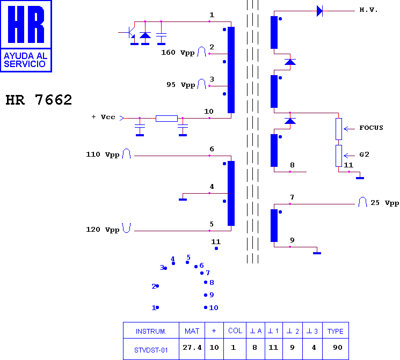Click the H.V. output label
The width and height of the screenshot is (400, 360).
click(368, 10)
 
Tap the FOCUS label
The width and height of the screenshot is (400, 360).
click(371, 128)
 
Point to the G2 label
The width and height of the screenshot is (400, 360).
click(364, 155)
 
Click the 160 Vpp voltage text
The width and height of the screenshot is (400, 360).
click(178, 53)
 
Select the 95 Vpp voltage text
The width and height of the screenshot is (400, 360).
click(181, 85)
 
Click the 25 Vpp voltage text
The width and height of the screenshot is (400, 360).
click(384, 203)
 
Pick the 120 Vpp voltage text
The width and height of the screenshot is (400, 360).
click(103, 230)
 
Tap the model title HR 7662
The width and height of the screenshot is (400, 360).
click(39, 100)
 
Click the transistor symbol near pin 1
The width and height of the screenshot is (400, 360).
click(129, 33)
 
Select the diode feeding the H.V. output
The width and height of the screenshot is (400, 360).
click(319, 11)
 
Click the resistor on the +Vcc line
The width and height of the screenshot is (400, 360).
click(166, 118)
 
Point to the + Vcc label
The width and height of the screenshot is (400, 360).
click(103, 117)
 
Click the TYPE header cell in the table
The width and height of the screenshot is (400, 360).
click(336, 331)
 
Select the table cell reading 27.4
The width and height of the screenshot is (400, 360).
click(192, 348)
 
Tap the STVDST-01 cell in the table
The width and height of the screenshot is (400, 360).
click(151, 350)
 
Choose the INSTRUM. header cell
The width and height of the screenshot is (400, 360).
click(151, 331)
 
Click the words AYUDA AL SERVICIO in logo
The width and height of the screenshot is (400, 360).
click(26, 60)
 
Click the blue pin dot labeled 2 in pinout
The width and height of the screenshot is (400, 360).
click(157, 286)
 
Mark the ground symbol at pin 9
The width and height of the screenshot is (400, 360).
click(317, 253)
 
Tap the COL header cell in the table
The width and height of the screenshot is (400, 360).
click(235, 330)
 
